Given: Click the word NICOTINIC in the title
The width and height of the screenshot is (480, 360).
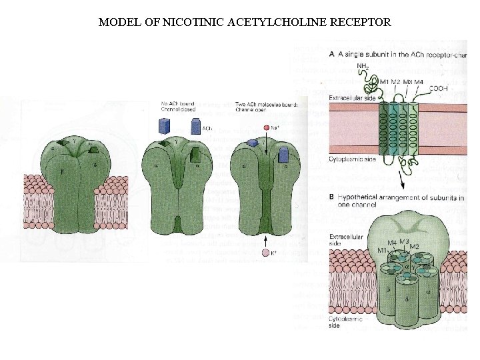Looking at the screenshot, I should coord(187,22).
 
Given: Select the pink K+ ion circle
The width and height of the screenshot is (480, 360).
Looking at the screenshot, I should coord(266,253).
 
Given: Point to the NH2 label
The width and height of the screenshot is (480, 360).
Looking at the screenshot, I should coord(363,66).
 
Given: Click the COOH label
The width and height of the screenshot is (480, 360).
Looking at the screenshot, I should coord(439,88).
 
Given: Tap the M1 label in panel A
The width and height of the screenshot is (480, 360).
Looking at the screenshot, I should coord(384,82).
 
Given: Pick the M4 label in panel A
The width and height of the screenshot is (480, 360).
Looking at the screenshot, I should coord(418,82).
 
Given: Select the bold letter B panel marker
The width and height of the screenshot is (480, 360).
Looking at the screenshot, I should coord(332,197).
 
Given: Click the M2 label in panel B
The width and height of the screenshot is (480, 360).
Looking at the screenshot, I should coord(413,247).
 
